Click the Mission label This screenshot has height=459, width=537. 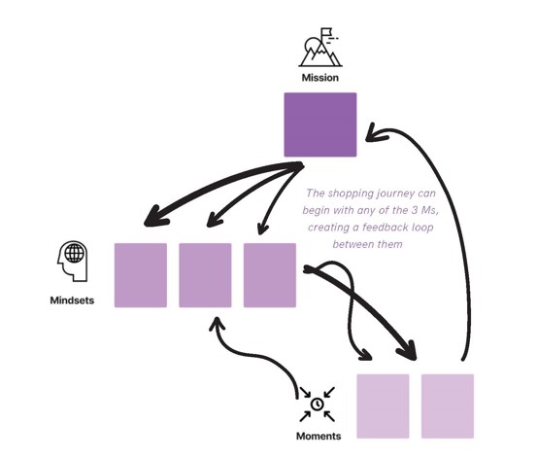(x=319, y=78)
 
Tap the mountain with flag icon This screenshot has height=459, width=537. (x=320, y=48)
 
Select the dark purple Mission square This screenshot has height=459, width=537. (x=320, y=124)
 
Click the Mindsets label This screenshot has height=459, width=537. (x=72, y=300)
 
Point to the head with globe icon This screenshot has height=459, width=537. (x=72, y=261)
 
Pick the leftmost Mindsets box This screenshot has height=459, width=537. (x=141, y=275)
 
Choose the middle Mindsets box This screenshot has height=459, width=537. (x=205, y=275)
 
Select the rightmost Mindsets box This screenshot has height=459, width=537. (x=270, y=275)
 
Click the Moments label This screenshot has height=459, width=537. (x=319, y=436)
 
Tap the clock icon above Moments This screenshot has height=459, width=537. (x=318, y=405)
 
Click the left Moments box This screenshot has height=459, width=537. (x=383, y=406)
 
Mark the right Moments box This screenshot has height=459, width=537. (x=448, y=406)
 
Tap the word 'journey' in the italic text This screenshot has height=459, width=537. (x=395, y=194)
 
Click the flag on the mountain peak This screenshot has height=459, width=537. (x=326, y=32)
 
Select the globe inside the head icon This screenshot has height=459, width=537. (x=74, y=253)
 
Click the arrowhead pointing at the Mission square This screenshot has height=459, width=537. (x=375, y=133)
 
